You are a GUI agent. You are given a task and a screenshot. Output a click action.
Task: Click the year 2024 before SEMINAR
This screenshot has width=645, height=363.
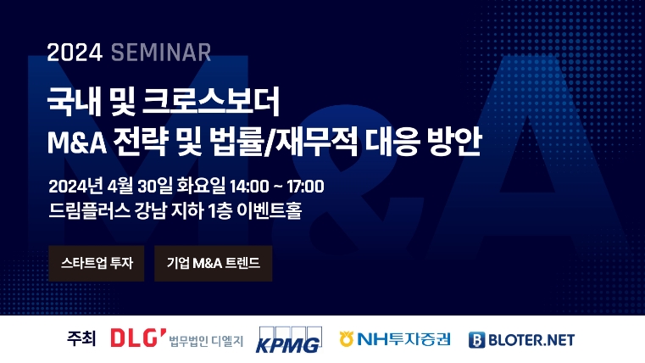point(75,53)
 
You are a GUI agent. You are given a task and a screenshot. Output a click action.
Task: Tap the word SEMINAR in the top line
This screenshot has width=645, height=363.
point(160,53)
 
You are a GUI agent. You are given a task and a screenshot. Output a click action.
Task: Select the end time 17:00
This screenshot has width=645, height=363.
point(303,185)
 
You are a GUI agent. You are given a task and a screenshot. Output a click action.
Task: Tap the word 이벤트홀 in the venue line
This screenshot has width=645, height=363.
point(272,209)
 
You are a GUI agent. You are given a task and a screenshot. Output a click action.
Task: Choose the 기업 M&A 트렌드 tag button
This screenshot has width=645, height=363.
point(214,263)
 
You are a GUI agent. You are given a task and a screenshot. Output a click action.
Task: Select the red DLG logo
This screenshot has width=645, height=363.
point(138,338)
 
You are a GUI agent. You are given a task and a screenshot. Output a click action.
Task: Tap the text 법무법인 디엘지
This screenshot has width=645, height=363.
point(206,341)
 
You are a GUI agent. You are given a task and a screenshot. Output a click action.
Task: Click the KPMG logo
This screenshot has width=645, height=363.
point(288,338)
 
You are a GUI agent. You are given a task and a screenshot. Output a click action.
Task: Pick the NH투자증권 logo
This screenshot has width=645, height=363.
point(394,339)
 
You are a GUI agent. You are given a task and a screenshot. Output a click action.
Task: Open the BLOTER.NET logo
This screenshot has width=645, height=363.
point(521,339)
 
